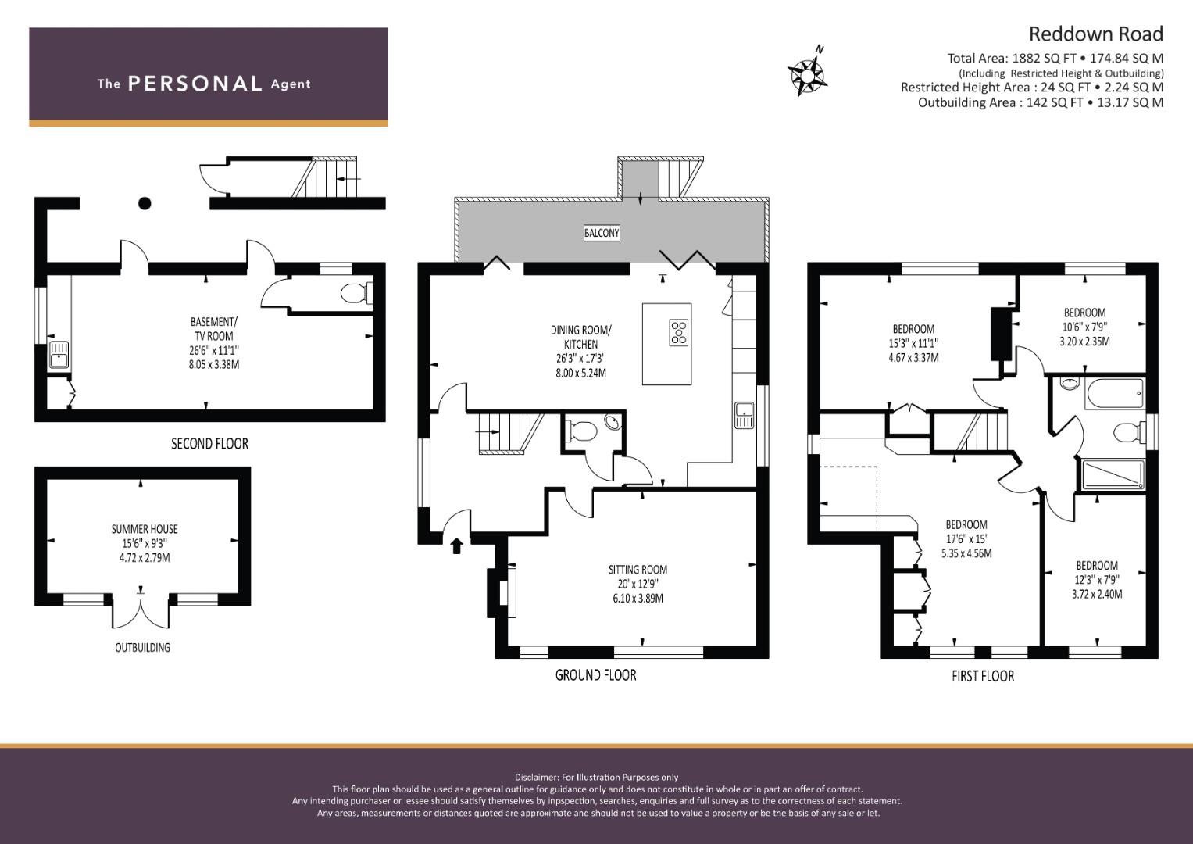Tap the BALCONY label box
click(602, 233)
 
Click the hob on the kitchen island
click(679, 332)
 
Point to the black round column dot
click(145, 204)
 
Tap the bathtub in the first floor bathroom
click(1114, 392)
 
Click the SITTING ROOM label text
click(638, 570)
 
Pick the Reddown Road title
click(1095, 34)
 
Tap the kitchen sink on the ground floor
click(744, 414)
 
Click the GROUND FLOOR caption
click(595, 675)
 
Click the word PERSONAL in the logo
click(195, 84)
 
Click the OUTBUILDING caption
click(142, 648)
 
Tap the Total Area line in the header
click(1055, 58)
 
